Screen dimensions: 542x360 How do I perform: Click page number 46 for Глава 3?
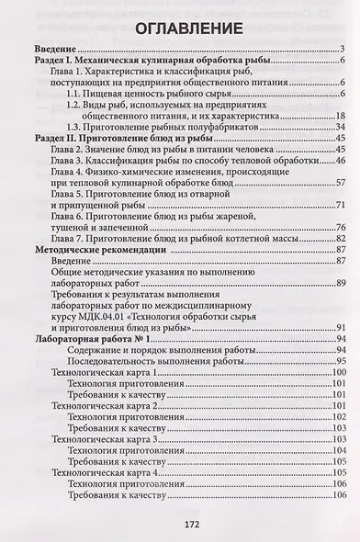339,163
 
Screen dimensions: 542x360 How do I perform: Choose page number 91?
339,329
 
